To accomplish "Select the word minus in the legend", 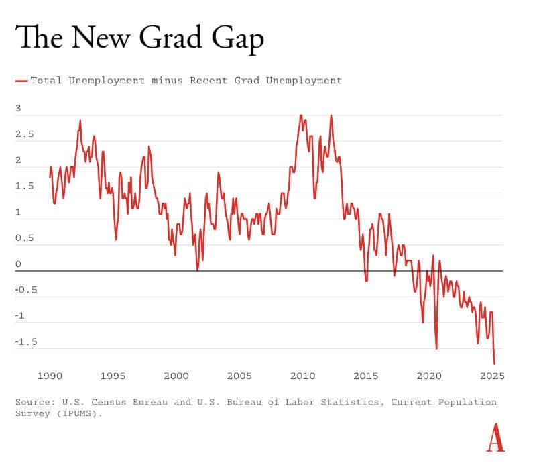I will (167, 81).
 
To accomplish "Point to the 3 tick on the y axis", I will (18, 109).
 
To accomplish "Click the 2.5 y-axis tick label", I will (24, 134).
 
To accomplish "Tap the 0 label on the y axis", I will (18, 264).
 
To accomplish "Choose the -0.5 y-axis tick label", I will (27, 290).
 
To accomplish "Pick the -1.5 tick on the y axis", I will (27, 342).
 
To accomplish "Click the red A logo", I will (495, 437).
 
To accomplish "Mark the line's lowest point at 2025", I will (494, 364).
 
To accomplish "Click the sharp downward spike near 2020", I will (436, 348).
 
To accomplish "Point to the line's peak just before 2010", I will (300, 115).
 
